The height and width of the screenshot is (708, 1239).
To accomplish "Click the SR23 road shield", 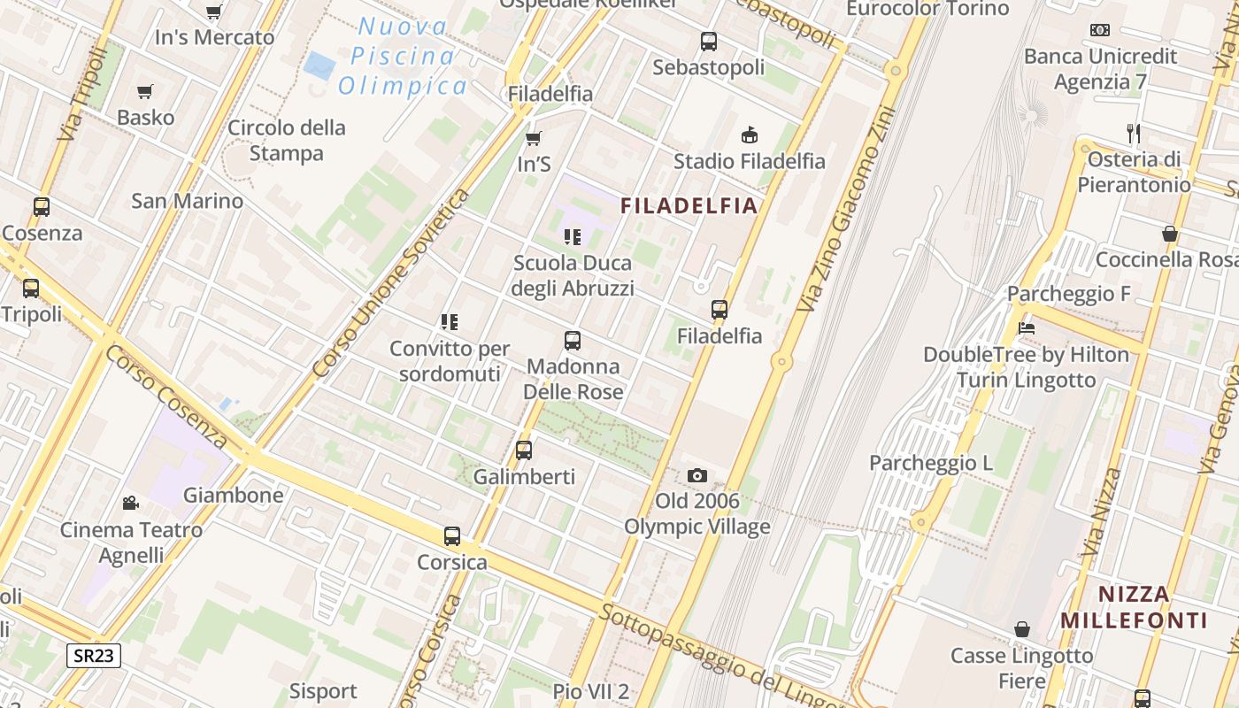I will pyautogui.click(x=93, y=655).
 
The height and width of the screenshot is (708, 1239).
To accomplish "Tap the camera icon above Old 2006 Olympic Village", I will pyautogui.click(x=697, y=476).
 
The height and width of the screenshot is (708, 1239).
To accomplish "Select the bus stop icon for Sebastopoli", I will pyautogui.click(x=708, y=41).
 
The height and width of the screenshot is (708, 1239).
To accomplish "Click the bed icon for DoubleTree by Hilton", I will pyautogui.click(x=1027, y=327).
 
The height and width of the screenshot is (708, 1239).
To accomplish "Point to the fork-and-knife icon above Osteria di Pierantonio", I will pyautogui.click(x=1134, y=134).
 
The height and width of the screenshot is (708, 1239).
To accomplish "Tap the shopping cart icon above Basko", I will pyautogui.click(x=145, y=91).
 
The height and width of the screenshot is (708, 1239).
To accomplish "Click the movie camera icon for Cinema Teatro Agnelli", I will pyautogui.click(x=131, y=503).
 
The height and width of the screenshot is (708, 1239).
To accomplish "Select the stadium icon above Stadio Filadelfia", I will pyautogui.click(x=750, y=135).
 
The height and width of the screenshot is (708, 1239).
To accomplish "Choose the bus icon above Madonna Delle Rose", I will pyautogui.click(x=573, y=340).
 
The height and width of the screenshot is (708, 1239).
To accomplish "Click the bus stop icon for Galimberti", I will pyautogui.click(x=524, y=450).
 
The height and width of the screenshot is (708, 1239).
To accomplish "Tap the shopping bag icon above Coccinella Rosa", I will pyautogui.click(x=1170, y=234).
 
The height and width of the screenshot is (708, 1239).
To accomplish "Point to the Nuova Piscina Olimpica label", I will pyautogui.click(x=403, y=56).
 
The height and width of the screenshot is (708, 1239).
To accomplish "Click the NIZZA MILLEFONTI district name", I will pyautogui.click(x=1134, y=606).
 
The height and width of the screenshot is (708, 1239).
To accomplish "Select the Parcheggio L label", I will pyautogui.click(x=930, y=463).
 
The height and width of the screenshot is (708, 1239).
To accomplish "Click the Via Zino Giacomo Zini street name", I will pyautogui.click(x=846, y=210).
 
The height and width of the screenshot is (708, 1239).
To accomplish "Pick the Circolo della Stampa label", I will pyautogui.click(x=286, y=140).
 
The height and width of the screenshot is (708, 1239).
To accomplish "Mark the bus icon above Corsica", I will pyautogui.click(x=452, y=535).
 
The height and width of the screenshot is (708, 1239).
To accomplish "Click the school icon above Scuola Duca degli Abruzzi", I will pyautogui.click(x=573, y=236).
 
